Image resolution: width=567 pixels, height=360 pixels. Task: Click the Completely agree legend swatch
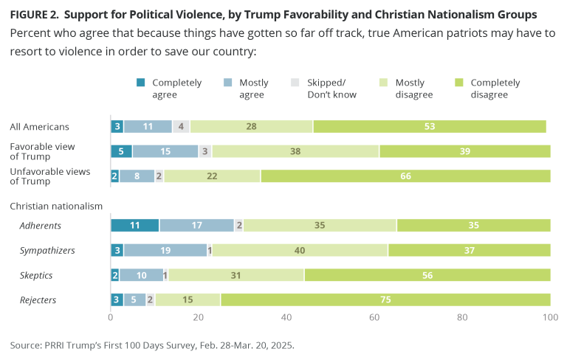click(141, 83)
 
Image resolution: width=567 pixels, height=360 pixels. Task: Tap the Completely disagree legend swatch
click(461, 83)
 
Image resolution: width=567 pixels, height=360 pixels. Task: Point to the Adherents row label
click(41, 226)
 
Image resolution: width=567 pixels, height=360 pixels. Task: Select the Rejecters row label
click(39, 300)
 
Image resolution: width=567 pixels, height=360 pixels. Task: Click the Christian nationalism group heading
click(55, 206)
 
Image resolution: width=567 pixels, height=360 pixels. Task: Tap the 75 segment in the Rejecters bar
click(385, 300)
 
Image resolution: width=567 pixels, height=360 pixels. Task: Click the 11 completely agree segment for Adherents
click(134, 226)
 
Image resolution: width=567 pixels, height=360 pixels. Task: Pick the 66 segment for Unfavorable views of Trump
click(405, 176)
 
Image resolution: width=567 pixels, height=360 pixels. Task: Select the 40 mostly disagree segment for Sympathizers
click(300, 251)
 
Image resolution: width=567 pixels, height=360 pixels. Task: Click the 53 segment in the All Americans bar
click(430, 127)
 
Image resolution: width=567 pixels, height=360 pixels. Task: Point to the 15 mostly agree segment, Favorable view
click(165, 151)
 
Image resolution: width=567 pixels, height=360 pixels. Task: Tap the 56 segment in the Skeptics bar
click(427, 275)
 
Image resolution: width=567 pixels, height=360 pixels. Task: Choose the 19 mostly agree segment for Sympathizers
click(165, 251)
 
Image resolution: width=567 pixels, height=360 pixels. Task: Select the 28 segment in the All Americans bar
click(252, 127)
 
